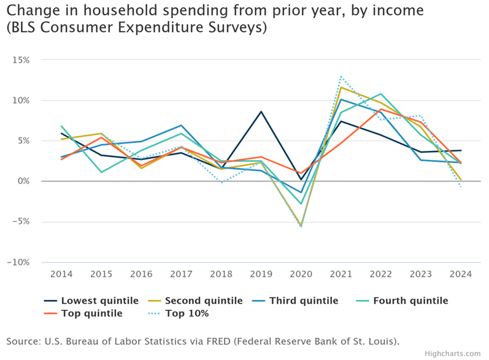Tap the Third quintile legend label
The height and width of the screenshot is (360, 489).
[304, 301]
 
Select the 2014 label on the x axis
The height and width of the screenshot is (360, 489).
[61, 274]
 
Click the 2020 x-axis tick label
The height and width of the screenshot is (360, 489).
[301, 274]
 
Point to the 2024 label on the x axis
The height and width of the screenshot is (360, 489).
[461, 274]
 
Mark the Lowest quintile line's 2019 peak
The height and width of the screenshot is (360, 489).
[261, 112]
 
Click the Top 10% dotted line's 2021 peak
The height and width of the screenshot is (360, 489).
[341, 77]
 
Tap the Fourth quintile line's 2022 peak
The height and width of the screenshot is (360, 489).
[381, 94]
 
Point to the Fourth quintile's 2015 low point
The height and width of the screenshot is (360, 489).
[101, 172]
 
